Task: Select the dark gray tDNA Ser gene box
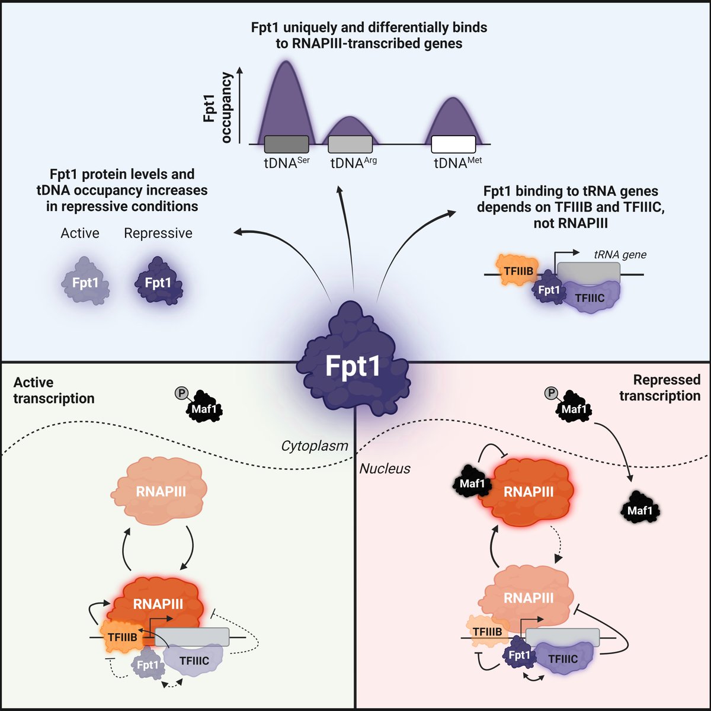pyautogui.click(x=286, y=144)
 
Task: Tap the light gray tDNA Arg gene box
pyautogui.click(x=350, y=144)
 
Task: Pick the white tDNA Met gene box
pyautogui.click(x=453, y=144)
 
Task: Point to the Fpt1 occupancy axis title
pyautogui.click(x=217, y=107)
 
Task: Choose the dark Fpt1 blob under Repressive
pyautogui.click(x=158, y=283)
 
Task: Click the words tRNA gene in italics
pyautogui.click(x=620, y=255)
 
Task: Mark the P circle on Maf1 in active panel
pyautogui.click(x=181, y=393)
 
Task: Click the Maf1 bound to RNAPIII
pyautogui.click(x=472, y=483)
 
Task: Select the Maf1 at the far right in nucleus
pyautogui.click(x=639, y=510)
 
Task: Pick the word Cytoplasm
pyautogui.click(x=315, y=446)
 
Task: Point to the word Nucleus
pyautogui.click(x=385, y=469)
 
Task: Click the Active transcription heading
pyautogui.click(x=53, y=390)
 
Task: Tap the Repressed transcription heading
pyautogui.click(x=660, y=387)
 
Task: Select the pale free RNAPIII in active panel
pyautogui.click(x=161, y=491)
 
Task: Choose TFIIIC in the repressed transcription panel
pyautogui.click(x=562, y=659)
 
